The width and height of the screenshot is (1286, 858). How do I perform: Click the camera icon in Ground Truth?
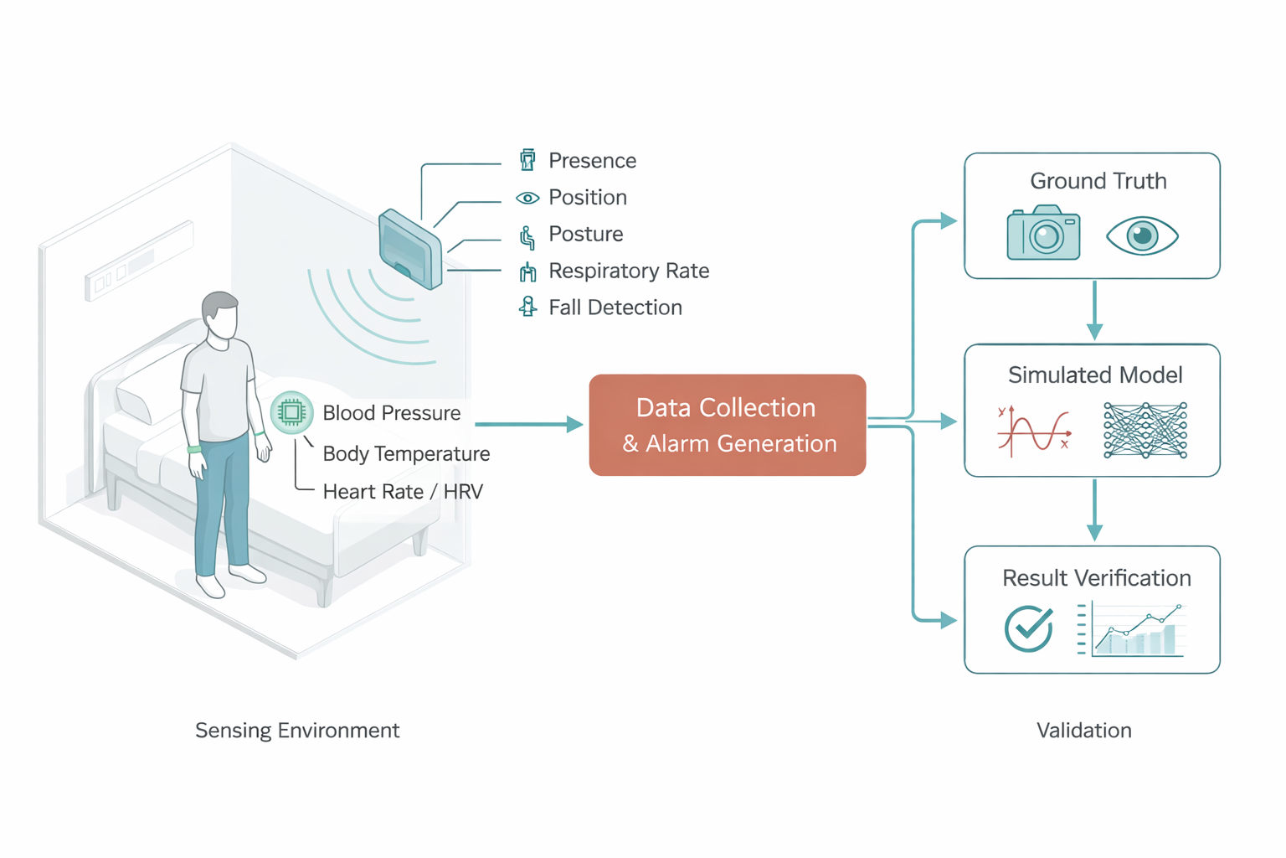click(x=1043, y=233)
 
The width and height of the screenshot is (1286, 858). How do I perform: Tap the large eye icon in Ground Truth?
click(x=1142, y=235)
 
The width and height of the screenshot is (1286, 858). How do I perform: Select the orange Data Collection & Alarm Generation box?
click(x=727, y=425)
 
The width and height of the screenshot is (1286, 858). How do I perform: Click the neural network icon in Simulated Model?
click(x=1145, y=431)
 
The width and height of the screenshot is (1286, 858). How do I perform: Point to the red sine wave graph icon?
click(x=1034, y=431)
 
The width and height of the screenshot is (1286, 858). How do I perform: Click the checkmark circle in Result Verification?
click(x=1028, y=628)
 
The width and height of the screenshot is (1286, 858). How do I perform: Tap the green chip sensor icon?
click(x=291, y=412)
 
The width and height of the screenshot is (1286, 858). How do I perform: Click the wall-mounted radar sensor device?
click(x=410, y=249)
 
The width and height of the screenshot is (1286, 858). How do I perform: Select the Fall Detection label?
click(x=615, y=308)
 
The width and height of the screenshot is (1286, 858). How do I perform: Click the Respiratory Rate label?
click(x=628, y=271)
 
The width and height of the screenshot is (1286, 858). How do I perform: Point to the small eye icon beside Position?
click(x=527, y=198)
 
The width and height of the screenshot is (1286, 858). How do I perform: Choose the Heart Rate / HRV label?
click(x=403, y=492)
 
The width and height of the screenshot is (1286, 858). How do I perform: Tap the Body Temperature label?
click(x=406, y=453)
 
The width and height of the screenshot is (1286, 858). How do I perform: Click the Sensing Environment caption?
click(x=297, y=731)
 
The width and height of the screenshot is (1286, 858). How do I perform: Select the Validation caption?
click(x=1083, y=731)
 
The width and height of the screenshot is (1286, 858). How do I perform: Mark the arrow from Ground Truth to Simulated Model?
click(x=1093, y=311)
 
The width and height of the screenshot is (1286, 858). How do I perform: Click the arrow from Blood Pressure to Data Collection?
click(x=527, y=425)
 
